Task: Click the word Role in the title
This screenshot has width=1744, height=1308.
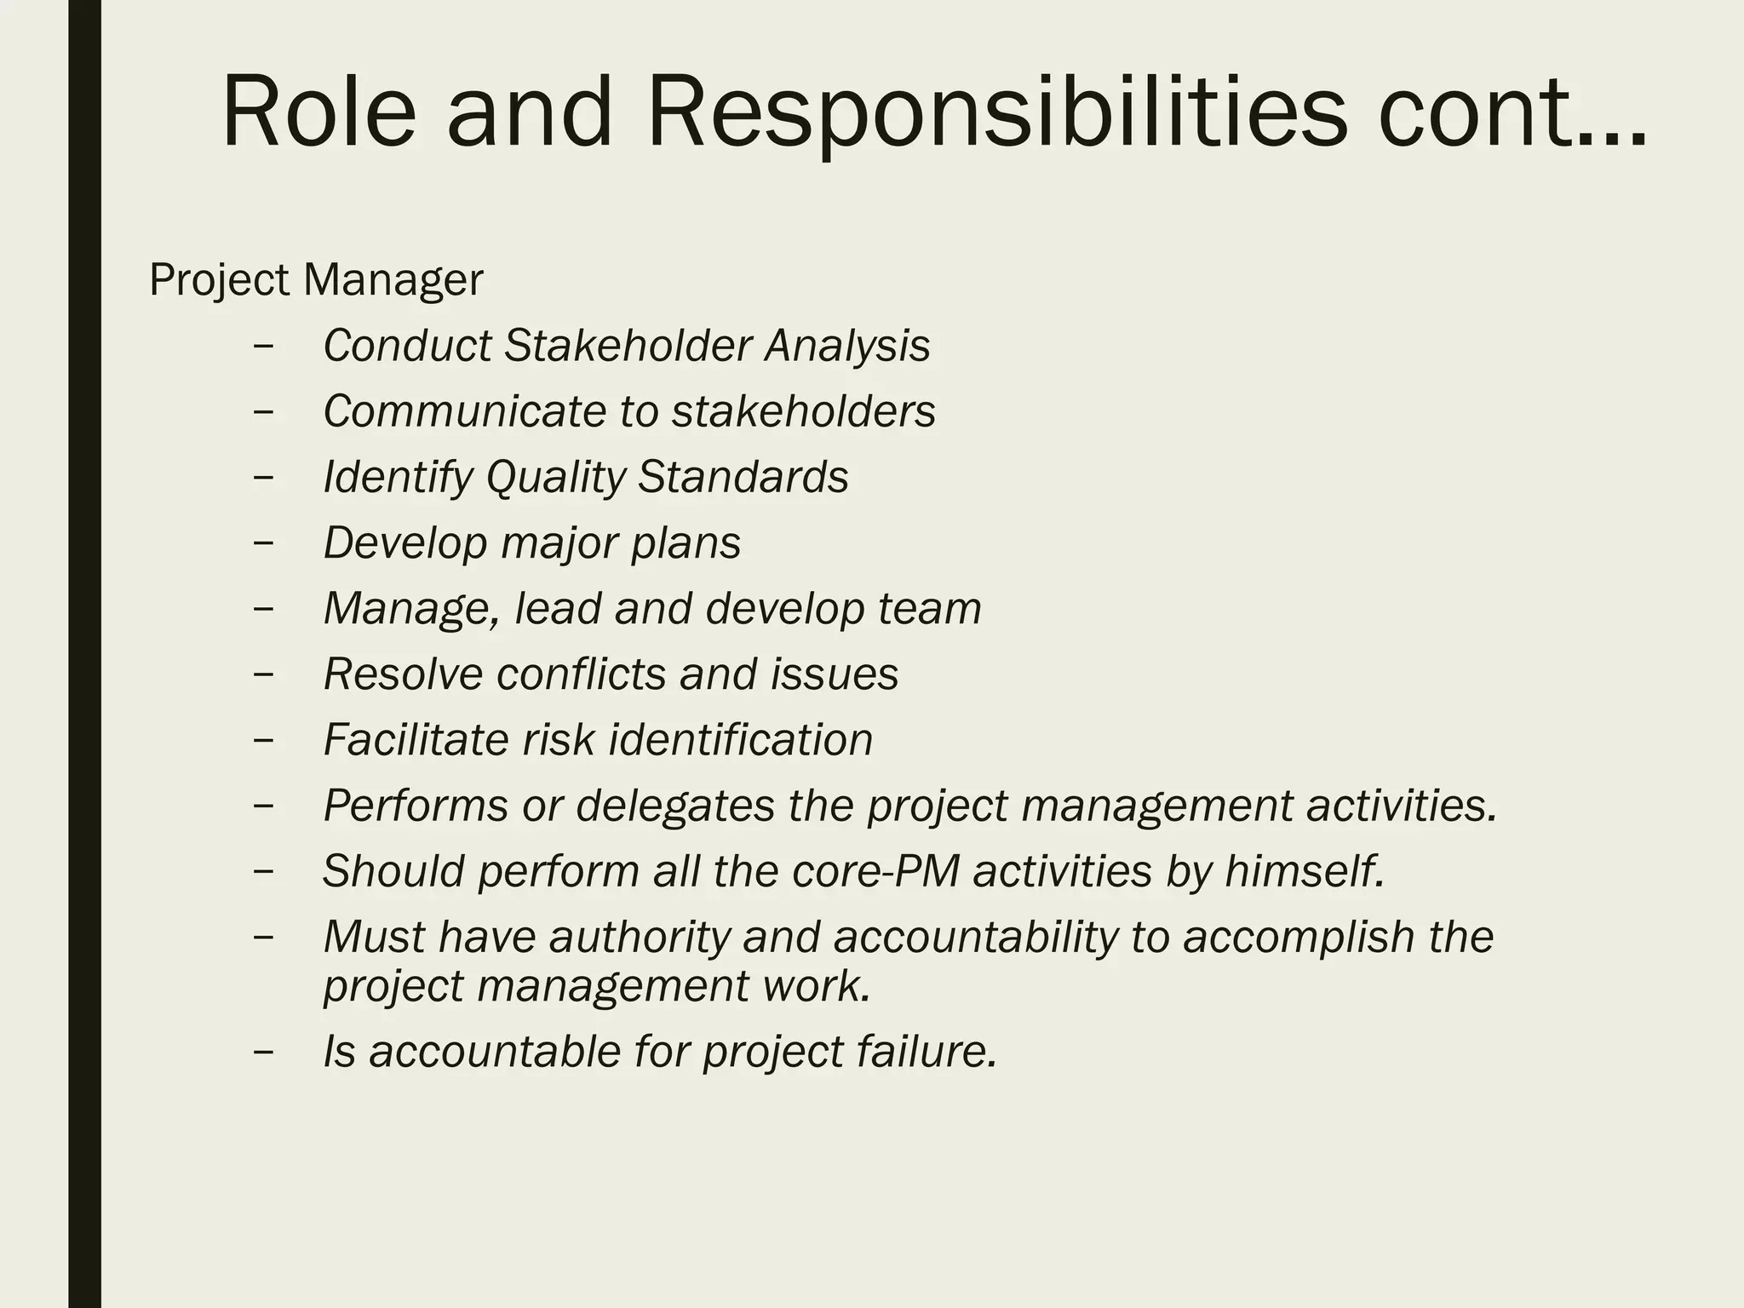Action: tap(318, 113)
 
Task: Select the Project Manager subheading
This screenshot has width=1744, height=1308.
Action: tap(316, 280)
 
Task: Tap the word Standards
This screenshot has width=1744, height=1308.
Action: tap(743, 477)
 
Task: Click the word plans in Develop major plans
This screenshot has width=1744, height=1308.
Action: tap(686, 543)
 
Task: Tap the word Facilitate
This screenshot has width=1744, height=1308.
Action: tap(416, 740)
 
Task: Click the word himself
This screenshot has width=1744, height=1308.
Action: tap(1305, 871)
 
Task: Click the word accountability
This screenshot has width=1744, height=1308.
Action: tap(975, 937)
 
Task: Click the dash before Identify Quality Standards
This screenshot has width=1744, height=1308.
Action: tap(264, 478)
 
